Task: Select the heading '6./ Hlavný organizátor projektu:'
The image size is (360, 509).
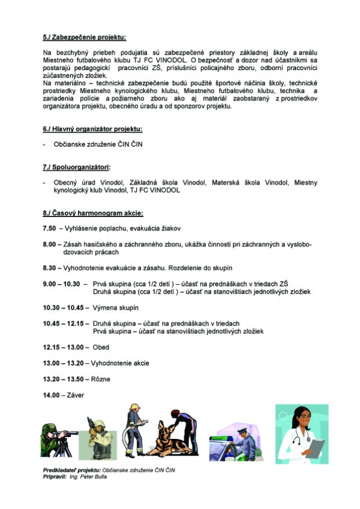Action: (92, 129)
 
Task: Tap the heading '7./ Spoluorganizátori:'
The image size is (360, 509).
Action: (77, 166)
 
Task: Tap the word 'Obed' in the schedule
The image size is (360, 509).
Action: (101, 347)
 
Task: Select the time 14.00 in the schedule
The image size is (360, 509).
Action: (51, 395)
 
